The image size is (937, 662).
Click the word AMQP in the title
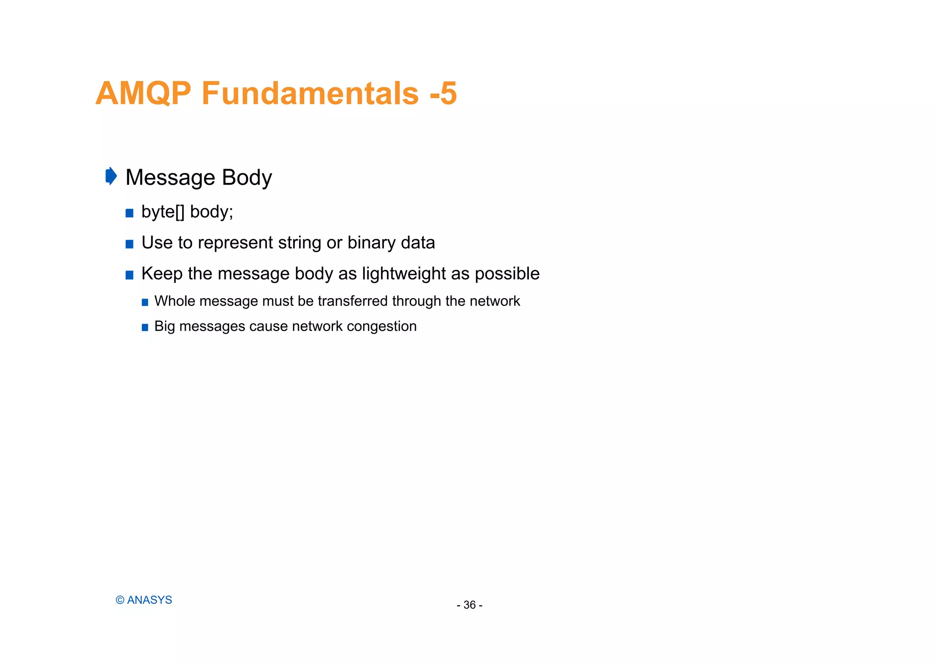click(143, 93)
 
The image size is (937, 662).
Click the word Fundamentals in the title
click(310, 93)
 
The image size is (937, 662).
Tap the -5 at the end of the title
click(443, 93)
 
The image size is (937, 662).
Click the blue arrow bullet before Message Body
click(111, 176)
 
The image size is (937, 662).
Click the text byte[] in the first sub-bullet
click(162, 212)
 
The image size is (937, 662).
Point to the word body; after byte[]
click(211, 212)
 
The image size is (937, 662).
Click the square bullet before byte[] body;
click(129, 213)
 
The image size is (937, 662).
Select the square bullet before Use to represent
click(129, 244)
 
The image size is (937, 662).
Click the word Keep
click(162, 274)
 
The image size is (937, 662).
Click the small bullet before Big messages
click(145, 327)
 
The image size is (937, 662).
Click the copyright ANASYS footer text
click(144, 600)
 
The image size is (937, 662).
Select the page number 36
click(469, 605)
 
